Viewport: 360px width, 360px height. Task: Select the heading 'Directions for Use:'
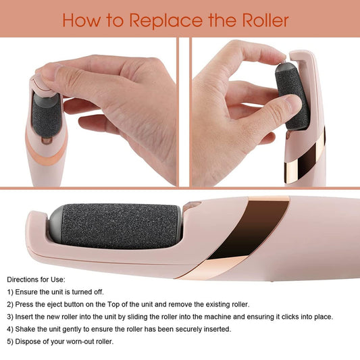point(38,279)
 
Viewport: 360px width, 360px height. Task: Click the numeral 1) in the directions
point(11,292)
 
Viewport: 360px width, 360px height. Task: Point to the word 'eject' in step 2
point(60,304)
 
